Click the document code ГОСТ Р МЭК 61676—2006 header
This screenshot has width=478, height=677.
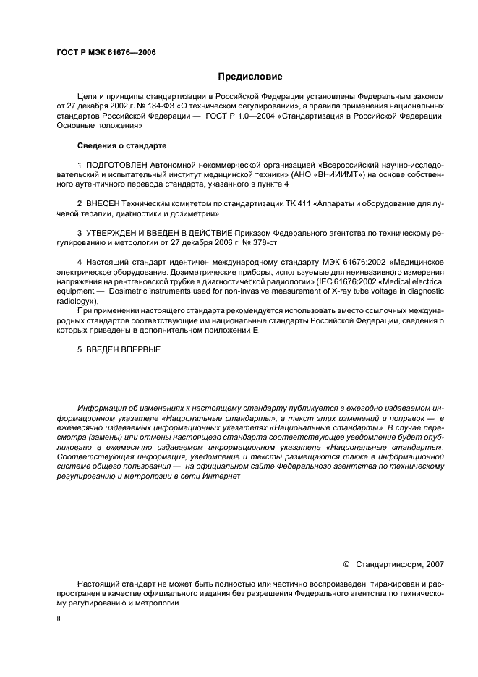point(106,53)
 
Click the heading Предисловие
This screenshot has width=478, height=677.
point(250,77)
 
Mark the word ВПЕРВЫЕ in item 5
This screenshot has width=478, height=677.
point(141,350)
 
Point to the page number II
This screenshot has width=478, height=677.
point(59,619)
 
